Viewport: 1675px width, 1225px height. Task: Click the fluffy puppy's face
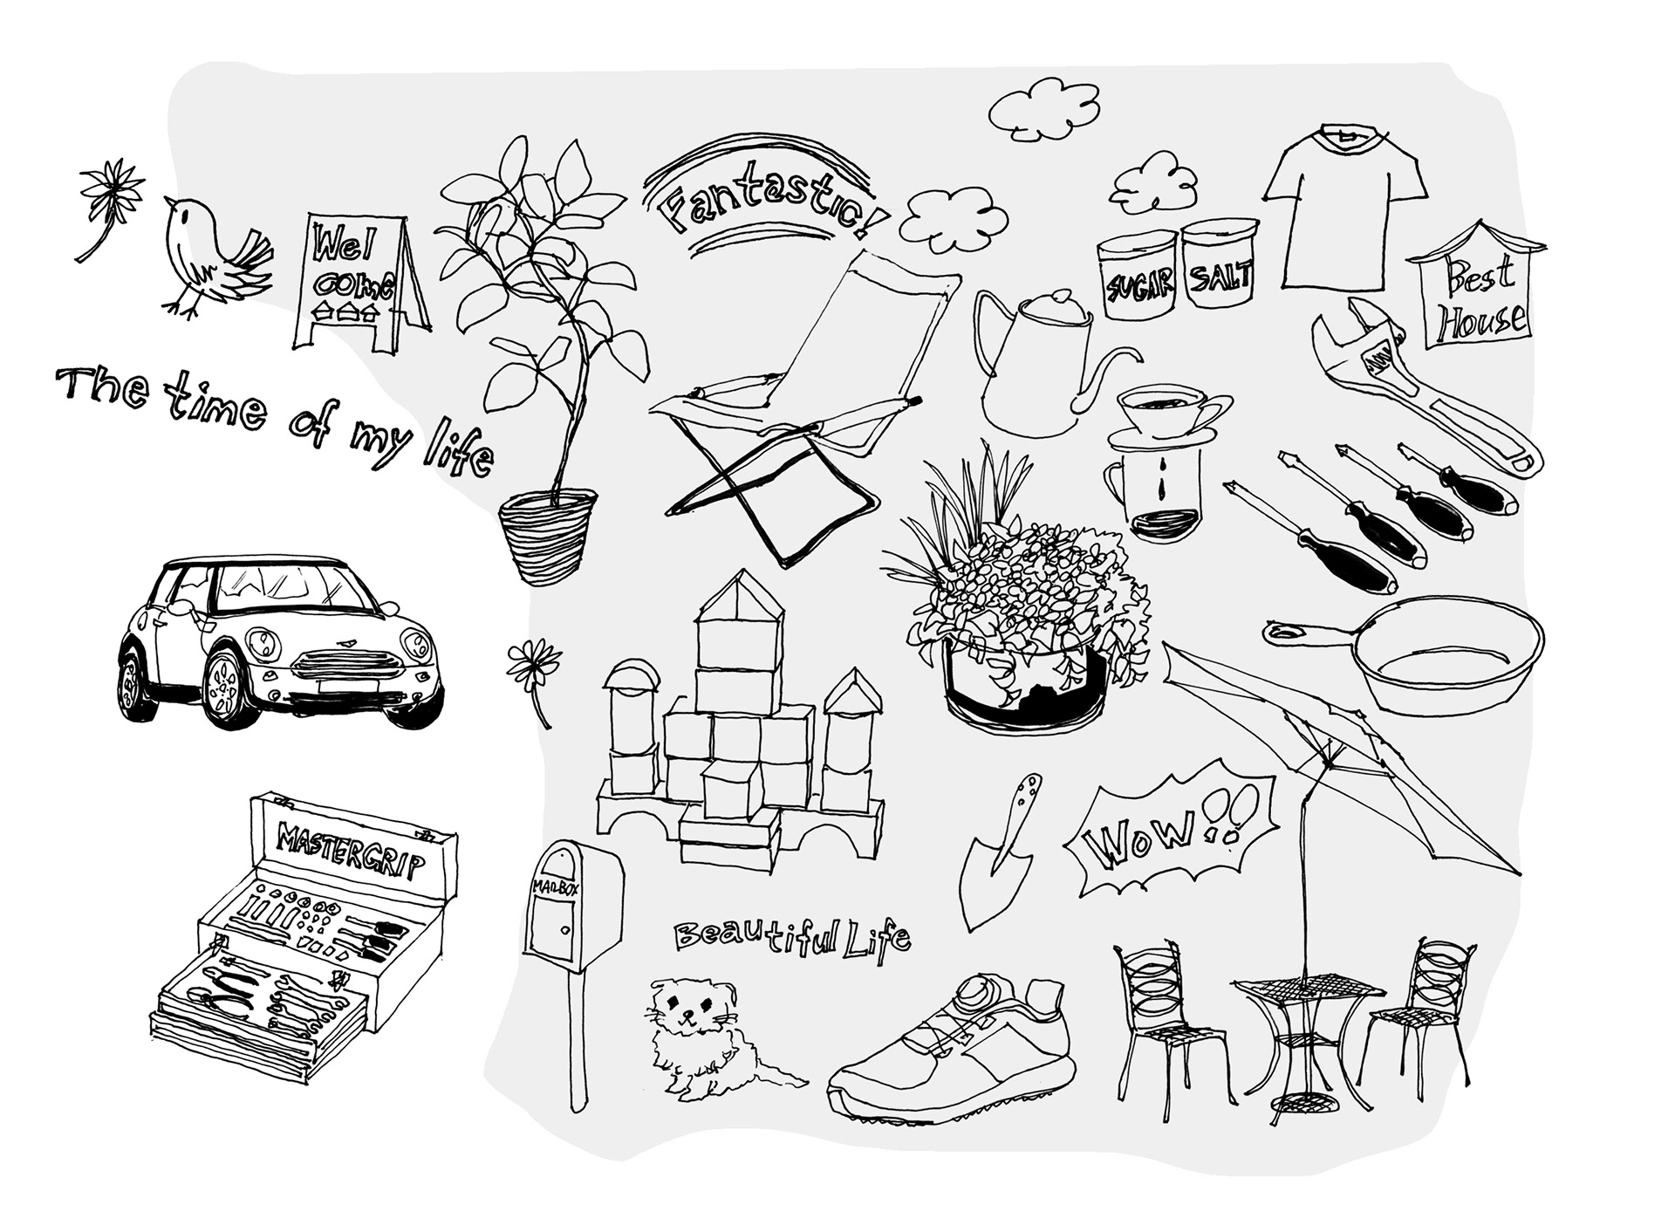click(x=691, y=1012)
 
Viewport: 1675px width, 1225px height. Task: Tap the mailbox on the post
click(x=571, y=907)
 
